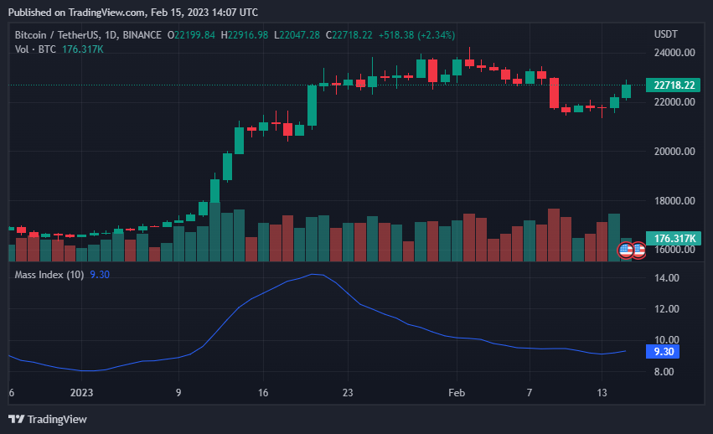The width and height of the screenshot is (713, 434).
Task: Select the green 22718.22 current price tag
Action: coord(673,85)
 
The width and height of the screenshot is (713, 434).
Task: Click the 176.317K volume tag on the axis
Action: coord(673,239)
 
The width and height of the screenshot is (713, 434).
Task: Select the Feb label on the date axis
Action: coord(457,392)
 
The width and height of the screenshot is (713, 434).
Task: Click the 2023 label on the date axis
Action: coord(81,392)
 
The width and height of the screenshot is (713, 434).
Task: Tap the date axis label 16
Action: coord(263,392)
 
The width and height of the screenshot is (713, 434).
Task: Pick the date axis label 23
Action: coord(348,392)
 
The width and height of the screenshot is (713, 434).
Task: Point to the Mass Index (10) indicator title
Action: coord(49,275)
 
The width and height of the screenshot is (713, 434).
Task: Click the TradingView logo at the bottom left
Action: coord(48,419)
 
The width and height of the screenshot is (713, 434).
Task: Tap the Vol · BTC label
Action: coord(34,49)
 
